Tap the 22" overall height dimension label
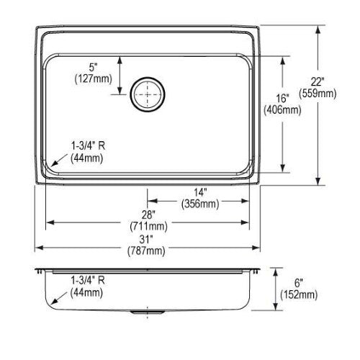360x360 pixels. tap(318, 82)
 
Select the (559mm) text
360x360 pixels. tap(318, 94)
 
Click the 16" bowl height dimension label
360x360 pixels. tap(282, 99)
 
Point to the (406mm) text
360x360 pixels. tap(282, 110)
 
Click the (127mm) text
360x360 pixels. tap(94, 78)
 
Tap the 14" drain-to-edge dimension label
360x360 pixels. tap(200, 192)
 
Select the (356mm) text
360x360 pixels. tap(200, 204)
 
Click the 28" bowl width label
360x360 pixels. tap(148, 215)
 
